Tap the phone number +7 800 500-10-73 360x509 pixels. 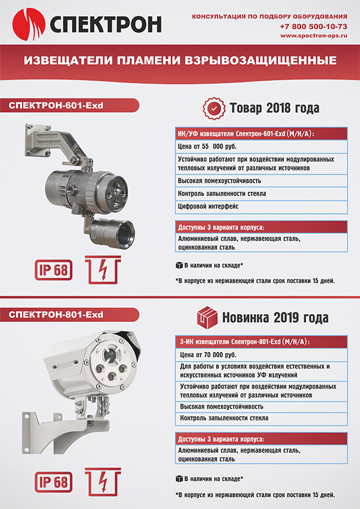313,27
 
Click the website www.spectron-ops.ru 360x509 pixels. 314,36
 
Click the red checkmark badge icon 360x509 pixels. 214,108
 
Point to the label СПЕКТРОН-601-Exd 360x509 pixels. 56,106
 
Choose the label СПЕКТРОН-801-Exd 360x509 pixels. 56,314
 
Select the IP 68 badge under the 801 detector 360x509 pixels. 52,481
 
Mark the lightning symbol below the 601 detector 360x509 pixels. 103,269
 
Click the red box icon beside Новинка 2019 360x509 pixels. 208,317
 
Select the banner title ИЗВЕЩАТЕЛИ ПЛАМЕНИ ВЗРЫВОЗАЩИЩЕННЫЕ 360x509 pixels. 180,61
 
